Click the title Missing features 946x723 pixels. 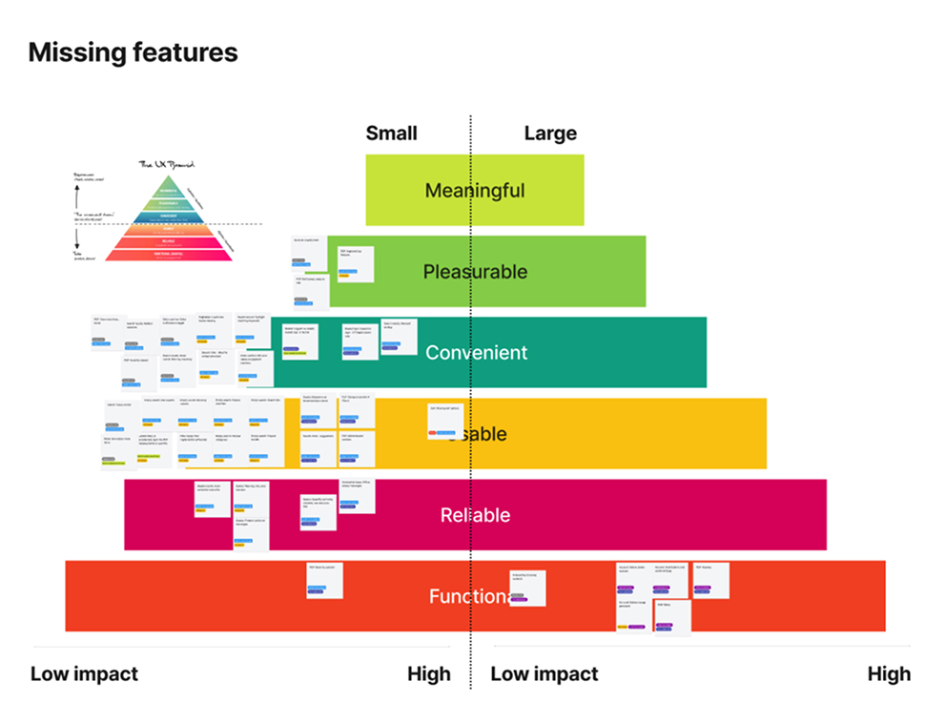click(133, 52)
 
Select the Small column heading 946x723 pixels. click(391, 133)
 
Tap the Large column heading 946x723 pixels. click(550, 133)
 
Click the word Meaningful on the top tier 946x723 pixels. click(475, 190)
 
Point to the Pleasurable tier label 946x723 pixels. click(475, 272)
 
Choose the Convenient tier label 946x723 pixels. click(476, 353)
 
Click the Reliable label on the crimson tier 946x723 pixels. click(475, 516)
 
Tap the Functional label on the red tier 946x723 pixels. click(465, 597)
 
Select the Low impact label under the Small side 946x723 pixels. click(84, 674)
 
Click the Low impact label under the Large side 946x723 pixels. click(545, 674)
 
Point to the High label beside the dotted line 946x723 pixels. click(428, 674)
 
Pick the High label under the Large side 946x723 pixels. click(889, 674)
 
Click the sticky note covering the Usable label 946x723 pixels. click(445, 421)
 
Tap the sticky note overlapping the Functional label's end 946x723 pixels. click(527, 588)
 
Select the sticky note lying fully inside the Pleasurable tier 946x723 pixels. click(351, 263)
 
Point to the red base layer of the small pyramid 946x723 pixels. click(168, 255)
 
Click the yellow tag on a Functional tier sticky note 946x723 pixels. click(622, 627)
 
